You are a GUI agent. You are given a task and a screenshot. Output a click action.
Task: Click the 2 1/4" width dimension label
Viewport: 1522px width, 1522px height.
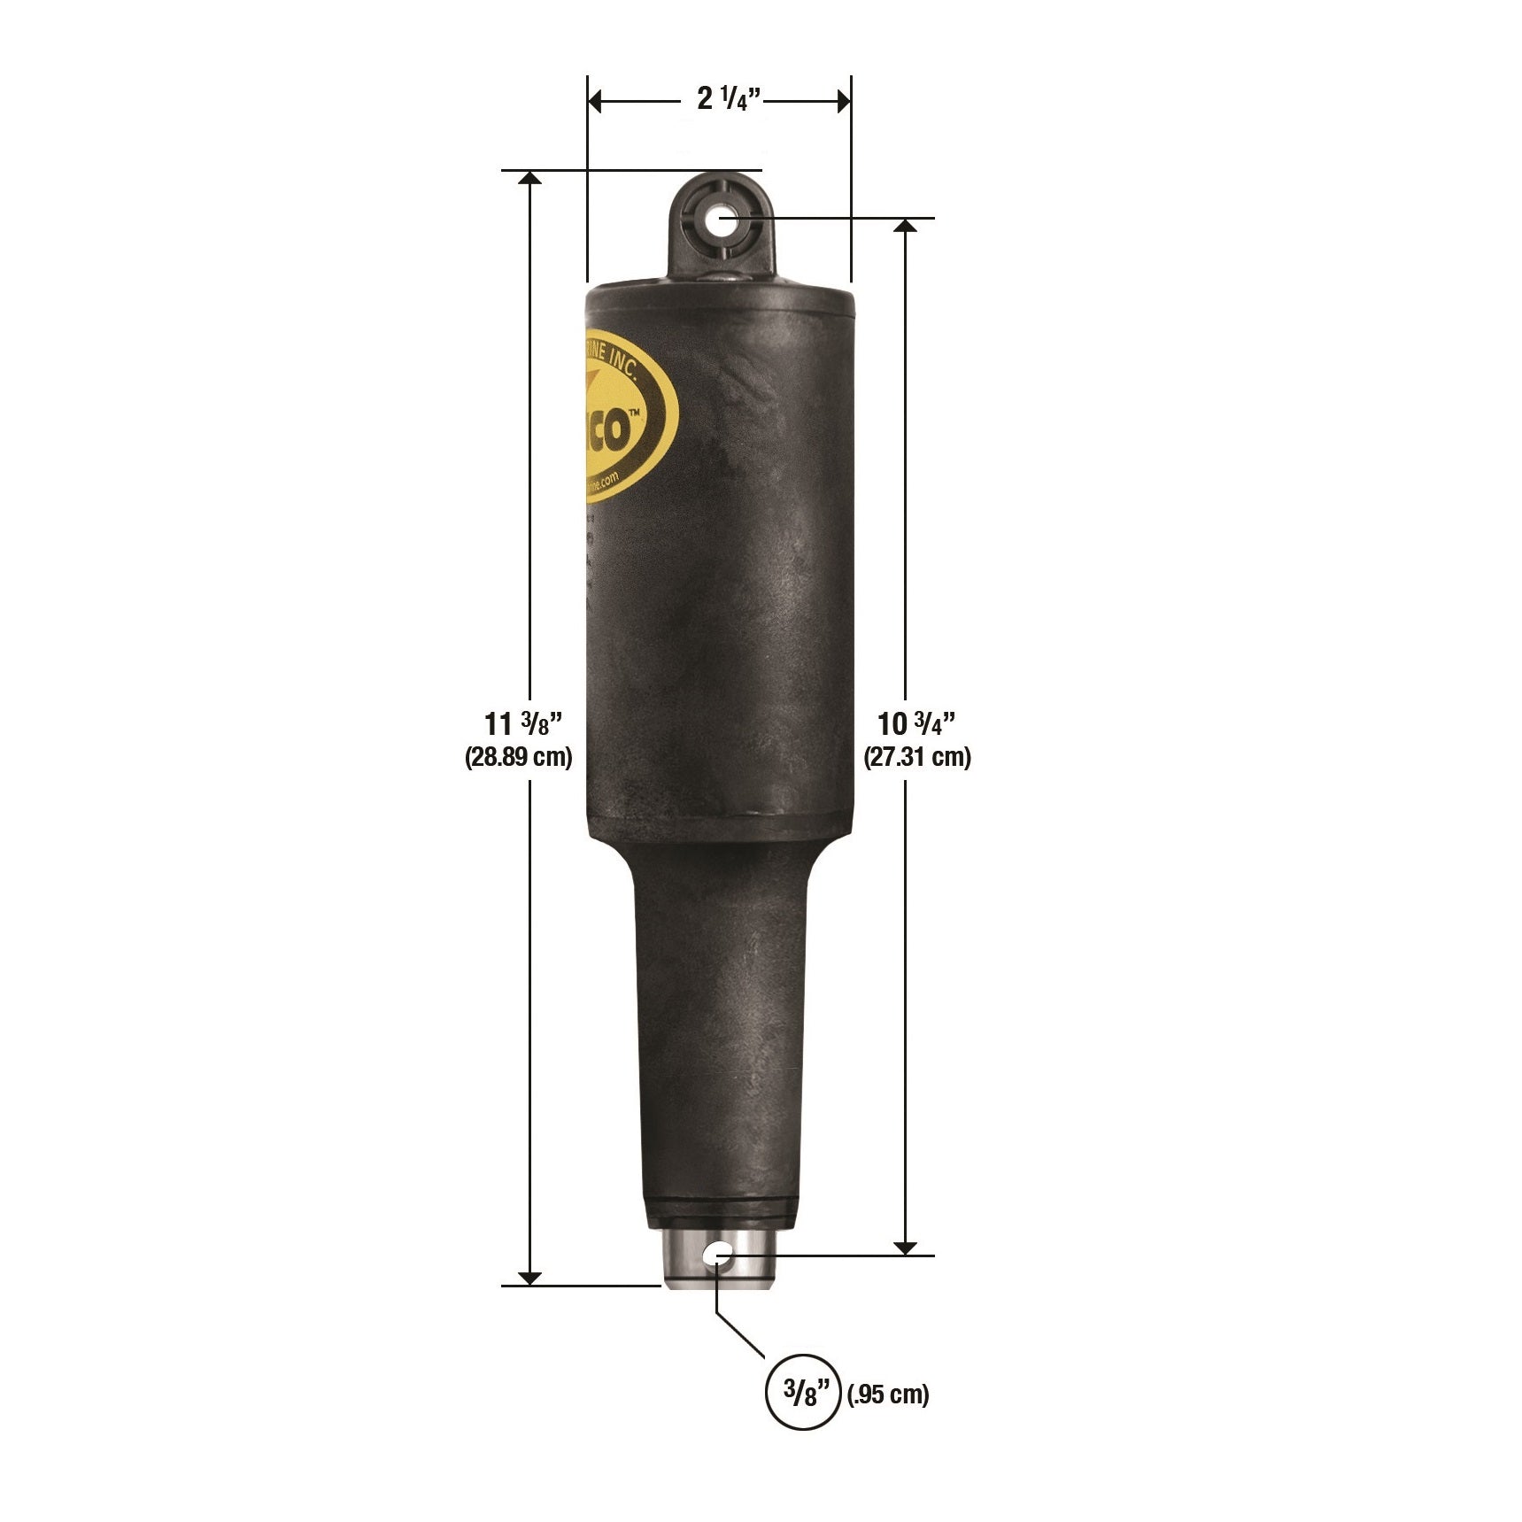(x=728, y=99)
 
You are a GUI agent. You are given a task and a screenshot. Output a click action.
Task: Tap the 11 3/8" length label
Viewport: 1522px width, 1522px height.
(x=523, y=724)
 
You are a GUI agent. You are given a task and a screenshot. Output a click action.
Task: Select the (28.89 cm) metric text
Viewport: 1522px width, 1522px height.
(x=519, y=757)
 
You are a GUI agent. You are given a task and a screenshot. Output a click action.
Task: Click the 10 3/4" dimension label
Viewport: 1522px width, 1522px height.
(x=916, y=724)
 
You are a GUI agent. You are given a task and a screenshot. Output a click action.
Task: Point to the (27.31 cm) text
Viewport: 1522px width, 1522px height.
(x=917, y=757)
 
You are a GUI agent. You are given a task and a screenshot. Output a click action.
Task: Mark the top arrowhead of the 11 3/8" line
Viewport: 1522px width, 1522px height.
(x=529, y=178)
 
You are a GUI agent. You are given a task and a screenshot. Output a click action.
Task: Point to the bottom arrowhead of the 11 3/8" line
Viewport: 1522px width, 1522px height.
(x=529, y=1277)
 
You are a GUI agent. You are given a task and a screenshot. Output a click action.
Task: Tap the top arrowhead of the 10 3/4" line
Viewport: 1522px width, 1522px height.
(x=905, y=226)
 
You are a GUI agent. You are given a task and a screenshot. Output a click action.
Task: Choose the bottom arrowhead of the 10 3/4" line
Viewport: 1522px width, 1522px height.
(x=905, y=1247)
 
